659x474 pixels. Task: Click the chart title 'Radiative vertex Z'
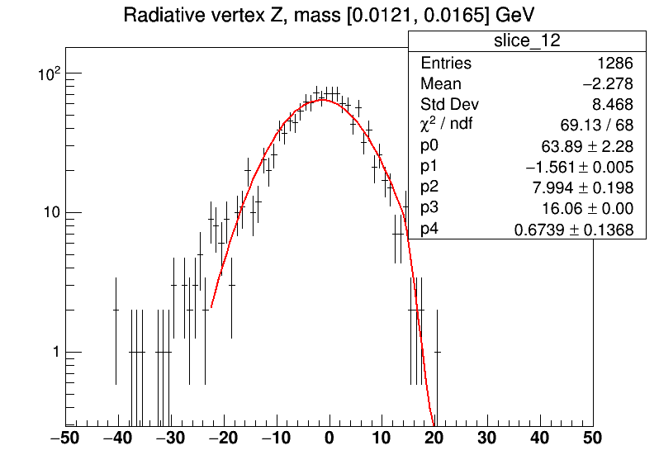(x=206, y=16)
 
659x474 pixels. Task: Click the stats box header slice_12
(x=527, y=40)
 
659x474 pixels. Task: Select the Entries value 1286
(x=615, y=63)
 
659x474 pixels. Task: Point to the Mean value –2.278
(x=608, y=83)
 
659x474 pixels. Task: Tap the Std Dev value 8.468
(x=612, y=104)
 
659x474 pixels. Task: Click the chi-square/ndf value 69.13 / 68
(x=596, y=125)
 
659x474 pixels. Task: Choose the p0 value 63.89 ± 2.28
(x=587, y=146)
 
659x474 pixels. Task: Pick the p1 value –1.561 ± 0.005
(x=579, y=168)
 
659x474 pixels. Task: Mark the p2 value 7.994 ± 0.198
(x=582, y=187)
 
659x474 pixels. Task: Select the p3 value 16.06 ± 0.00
(x=587, y=208)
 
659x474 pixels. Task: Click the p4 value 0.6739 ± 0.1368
(x=574, y=230)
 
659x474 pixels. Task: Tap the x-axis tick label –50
(x=65, y=438)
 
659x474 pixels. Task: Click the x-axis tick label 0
(x=329, y=438)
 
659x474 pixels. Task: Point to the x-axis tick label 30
(x=487, y=438)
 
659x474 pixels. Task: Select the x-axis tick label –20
(x=224, y=438)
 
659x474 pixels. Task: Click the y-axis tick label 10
(x=52, y=212)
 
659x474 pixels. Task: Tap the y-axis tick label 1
(x=56, y=352)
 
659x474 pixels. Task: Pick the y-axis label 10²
(x=50, y=74)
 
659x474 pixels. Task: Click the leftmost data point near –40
(x=116, y=310)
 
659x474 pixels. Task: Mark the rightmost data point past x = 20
(x=437, y=352)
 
